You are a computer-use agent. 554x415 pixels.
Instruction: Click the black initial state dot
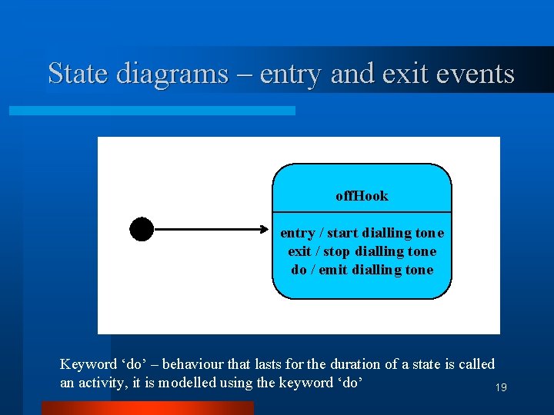[142, 229]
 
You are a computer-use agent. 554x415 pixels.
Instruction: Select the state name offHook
[362, 196]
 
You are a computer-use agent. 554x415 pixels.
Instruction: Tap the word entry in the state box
[297, 233]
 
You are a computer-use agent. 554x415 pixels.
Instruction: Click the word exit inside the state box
[299, 251]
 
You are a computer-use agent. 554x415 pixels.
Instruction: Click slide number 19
[500, 388]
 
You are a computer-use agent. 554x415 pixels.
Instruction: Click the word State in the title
[78, 74]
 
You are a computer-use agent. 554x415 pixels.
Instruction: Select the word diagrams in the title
[172, 74]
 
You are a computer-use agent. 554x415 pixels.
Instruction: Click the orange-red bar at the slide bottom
[147, 408]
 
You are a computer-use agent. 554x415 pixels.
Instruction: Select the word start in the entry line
[343, 233]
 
